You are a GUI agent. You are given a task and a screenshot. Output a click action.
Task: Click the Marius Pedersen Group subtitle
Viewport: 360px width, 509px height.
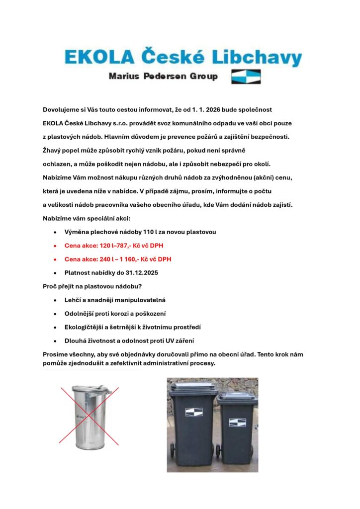[x=163, y=77]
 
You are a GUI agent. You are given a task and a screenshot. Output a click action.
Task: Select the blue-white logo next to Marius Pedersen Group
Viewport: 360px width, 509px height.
[x=246, y=77]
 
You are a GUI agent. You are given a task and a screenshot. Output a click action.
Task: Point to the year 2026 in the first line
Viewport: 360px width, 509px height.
[x=222, y=109]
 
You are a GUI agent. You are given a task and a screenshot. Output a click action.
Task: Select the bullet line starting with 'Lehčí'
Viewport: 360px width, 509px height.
[x=115, y=300]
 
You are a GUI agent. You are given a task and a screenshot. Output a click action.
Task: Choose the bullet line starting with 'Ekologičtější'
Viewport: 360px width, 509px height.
[x=132, y=327]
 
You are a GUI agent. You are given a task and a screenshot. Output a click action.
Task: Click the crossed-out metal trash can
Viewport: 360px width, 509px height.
[x=90, y=415]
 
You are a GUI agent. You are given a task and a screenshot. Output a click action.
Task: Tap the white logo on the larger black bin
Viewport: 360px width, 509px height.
[x=193, y=412]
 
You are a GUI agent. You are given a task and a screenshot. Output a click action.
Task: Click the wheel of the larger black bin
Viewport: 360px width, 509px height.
[x=173, y=450]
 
